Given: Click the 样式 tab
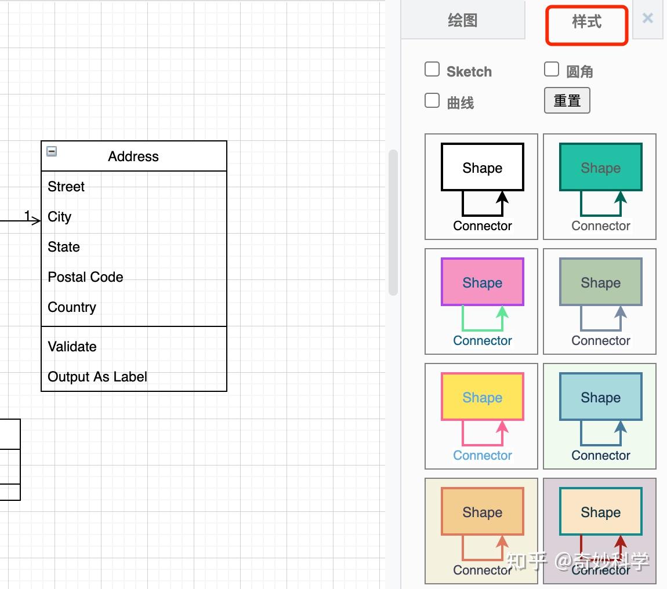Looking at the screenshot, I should (x=586, y=23).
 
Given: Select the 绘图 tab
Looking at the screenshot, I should (x=463, y=21).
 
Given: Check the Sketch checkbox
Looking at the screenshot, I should (x=432, y=70).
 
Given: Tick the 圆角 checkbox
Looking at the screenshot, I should (x=552, y=70).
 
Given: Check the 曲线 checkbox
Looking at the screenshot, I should (x=432, y=101).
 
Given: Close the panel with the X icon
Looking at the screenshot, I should (x=648, y=19).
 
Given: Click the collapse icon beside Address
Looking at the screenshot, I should (x=52, y=152).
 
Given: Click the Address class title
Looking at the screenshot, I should (x=133, y=157).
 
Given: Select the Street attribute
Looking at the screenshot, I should (x=66, y=187).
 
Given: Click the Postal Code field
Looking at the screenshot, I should (x=85, y=277).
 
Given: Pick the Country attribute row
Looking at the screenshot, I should (x=72, y=307).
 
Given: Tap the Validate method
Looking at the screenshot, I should (x=72, y=347).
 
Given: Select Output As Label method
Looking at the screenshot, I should (x=97, y=377).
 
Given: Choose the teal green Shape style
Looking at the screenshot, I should (x=600, y=168).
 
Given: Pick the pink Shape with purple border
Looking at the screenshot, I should (x=482, y=282).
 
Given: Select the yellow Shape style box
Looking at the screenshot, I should (x=482, y=397).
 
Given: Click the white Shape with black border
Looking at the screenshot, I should (x=482, y=168).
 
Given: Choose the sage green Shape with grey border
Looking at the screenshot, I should (x=600, y=282).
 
